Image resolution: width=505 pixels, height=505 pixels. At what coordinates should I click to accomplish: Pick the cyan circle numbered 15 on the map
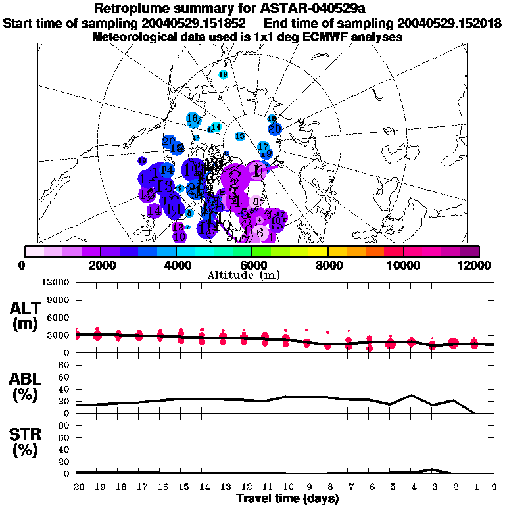point(240,136)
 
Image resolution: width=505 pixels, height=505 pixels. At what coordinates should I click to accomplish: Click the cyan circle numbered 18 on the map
point(193,120)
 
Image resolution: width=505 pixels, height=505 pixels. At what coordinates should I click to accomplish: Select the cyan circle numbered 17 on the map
point(263,147)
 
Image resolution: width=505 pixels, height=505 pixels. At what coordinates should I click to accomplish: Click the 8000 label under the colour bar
point(327,265)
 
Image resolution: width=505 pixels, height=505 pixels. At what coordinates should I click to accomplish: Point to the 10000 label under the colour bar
point(404,265)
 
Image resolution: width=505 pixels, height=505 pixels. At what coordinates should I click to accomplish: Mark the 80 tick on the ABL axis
point(64,372)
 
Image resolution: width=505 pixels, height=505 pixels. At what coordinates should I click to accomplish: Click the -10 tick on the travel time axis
point(286,487)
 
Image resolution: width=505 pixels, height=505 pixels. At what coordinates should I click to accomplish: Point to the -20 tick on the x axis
point(76,487)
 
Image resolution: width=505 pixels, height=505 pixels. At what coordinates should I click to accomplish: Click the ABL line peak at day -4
point(411,395)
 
